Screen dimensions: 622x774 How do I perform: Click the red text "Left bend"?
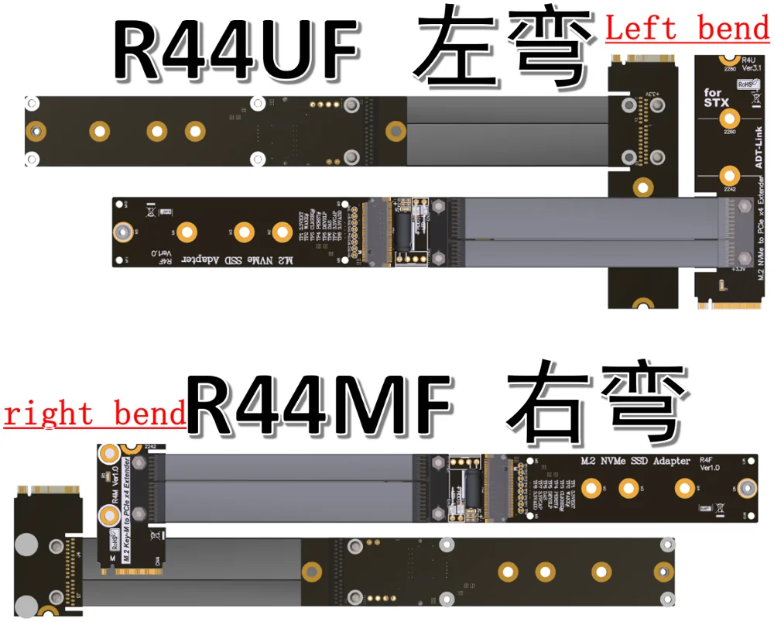687,29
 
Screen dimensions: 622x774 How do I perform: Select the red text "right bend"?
94,413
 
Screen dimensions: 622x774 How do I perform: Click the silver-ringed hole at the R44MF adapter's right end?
747,488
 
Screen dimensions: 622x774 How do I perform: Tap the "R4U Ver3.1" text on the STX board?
748,64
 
